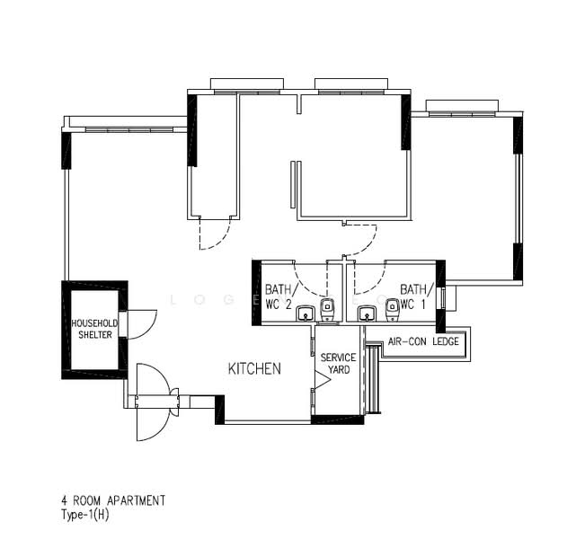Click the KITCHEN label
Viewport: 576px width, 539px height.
254,368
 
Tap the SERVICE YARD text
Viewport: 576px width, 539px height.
338,363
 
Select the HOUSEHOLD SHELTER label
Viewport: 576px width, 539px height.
93,329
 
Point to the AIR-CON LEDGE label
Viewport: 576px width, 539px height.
423,342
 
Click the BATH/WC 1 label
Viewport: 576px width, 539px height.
416,296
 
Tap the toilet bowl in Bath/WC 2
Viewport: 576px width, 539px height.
328,310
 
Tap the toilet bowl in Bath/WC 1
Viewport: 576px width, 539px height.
392,310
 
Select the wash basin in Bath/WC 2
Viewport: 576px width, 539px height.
306,314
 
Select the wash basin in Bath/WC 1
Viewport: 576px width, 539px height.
366,314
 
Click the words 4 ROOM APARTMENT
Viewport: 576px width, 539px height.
112,500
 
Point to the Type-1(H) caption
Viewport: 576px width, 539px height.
84,515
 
